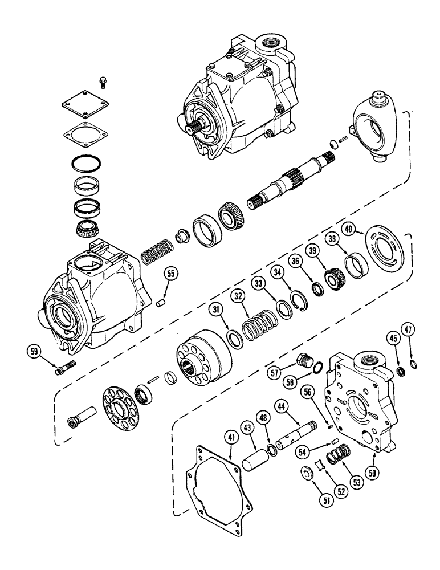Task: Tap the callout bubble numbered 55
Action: [170, 275]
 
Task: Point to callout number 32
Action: [238, 296]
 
